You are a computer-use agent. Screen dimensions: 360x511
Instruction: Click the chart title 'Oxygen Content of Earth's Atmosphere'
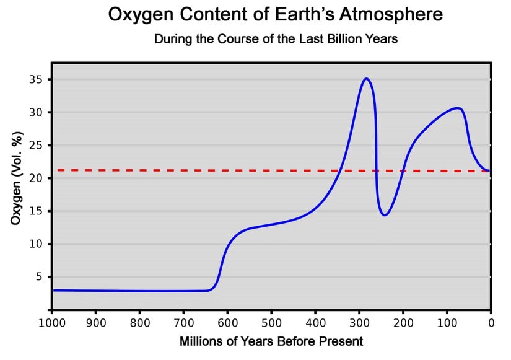click(276, 14)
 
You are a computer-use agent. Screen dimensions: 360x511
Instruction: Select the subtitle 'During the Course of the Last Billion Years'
click(276, 39)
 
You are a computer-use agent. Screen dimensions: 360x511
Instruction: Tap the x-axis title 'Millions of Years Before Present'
click(271, 341)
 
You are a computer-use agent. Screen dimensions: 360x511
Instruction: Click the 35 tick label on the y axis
click(35, 80)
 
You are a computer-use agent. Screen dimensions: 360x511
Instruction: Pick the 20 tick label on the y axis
click(35, 178)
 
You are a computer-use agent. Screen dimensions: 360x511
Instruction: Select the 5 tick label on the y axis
click(38, 277)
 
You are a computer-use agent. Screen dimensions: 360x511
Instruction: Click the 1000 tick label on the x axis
click(51, 323)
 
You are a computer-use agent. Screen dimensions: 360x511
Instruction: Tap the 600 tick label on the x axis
click(227, 323)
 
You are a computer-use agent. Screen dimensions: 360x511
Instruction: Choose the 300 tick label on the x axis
click(359, 323)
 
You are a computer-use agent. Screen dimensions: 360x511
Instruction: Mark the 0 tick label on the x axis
click(491, 323)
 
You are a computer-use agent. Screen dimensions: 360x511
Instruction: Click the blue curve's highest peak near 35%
click(366, 79)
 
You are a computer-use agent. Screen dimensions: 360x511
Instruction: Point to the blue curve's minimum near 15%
click(385, 215)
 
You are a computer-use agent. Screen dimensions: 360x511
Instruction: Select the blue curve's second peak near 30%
click(457, 108)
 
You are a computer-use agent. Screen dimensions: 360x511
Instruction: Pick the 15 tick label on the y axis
click(35, 211)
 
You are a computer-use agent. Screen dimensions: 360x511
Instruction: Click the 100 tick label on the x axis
click(447, 323)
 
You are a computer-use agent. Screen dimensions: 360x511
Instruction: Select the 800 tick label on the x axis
click(139, 323)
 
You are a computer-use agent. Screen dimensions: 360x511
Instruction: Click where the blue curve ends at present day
click(490, 170)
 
